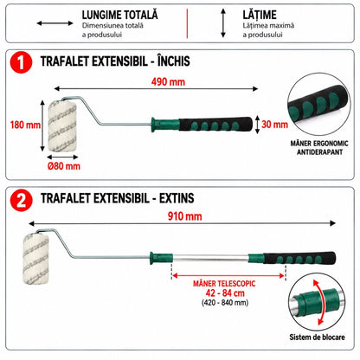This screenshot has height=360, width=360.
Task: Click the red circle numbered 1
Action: [x=21, y=62]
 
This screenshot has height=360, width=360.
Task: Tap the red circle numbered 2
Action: [x=21, y=200]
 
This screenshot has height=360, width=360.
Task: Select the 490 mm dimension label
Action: [x=168, y=82]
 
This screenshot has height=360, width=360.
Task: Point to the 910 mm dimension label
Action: [x=184, y=216]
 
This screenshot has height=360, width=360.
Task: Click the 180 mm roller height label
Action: [x=25, y=125]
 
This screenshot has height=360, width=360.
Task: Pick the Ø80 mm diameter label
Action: [x=64, y=166]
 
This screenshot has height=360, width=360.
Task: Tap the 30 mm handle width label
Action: [x=274, y=125]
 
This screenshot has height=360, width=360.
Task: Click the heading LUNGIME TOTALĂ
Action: [x=120, y=15]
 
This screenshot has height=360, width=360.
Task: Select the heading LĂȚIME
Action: [x=260, y=15]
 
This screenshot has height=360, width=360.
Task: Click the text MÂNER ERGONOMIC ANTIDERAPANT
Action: [x=319, y=147]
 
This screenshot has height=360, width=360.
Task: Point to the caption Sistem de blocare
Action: [x=317, y=337]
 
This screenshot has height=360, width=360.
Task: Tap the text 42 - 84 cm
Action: [x=225, y=293]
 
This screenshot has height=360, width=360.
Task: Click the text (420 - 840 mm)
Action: [x=225, y=303]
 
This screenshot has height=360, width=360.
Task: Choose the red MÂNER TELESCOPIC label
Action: [x=224, y=284]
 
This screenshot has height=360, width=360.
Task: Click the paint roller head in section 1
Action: [x=62, y=125]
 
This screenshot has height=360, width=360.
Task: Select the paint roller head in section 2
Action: [x=36, y=259]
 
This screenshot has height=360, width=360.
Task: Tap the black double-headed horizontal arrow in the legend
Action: [x=55, y=23]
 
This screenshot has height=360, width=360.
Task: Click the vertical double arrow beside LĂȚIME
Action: [x=223, y=23]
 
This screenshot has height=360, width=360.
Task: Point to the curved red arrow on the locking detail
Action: [x=322, y=302]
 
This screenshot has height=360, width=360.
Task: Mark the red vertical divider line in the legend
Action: [x=187, y=23]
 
